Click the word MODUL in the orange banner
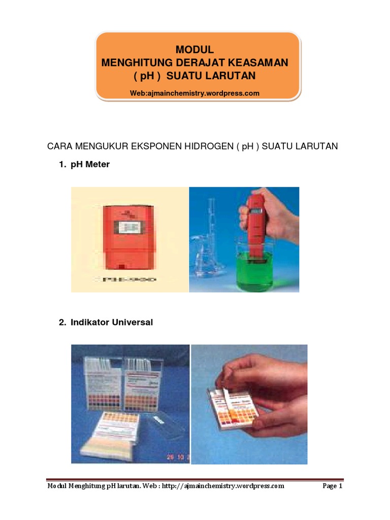coord(194,49)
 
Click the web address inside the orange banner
coord(194,93)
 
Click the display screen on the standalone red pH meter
coord(129,227)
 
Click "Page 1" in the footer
coord(333,486)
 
